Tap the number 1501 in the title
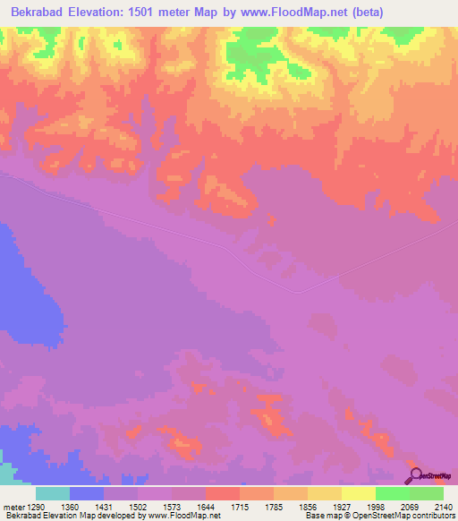click(x=177, y=13)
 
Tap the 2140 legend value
click(x=442, y=508)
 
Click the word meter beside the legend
click(x=13, y=508)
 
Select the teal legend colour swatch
click(x=53, y=493)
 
